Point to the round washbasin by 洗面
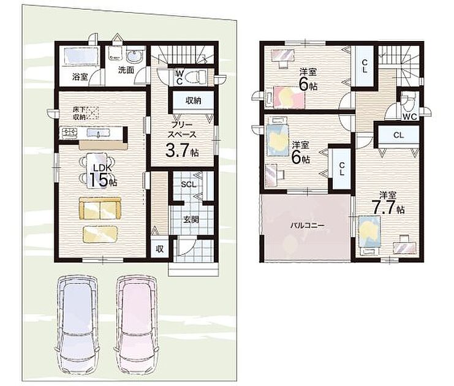(134, 56)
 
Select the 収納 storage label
(194, 100)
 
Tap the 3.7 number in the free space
(177, 149)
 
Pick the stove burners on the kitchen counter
(69, 133)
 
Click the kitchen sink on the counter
(99, 133)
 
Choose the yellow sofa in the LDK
(100, 208)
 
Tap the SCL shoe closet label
(188, 184)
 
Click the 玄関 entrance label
(191, 219)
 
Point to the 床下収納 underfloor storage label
(79, 113)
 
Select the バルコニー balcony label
(308, 225)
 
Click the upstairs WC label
(410, 117)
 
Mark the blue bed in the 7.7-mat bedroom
(369, 234)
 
